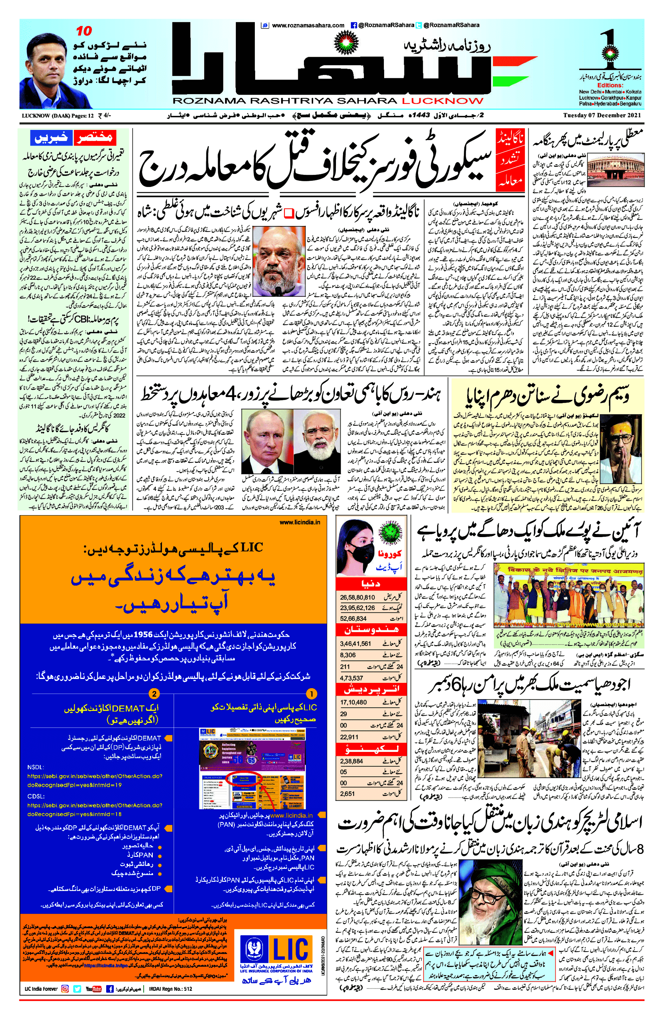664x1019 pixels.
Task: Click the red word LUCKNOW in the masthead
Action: (442, 101)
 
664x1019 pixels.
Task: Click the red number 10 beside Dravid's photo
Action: (84, 31)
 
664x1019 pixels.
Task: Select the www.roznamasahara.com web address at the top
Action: (308, 25)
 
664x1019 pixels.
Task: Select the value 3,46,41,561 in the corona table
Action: (356, 644)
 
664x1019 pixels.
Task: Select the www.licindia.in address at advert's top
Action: (300, 522)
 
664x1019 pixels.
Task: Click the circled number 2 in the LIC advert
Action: (154, 694)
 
